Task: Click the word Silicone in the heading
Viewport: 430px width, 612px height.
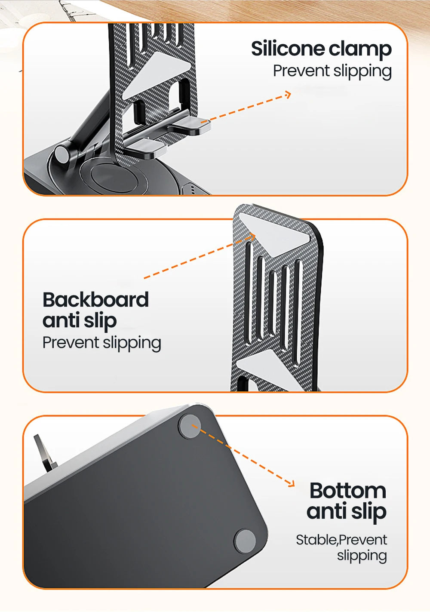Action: pos(288,49)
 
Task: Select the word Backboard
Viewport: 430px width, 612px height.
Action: pos(95,300)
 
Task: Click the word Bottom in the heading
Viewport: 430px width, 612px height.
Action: pos(348,490)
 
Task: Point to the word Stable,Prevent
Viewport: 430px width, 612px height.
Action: pos(341,540)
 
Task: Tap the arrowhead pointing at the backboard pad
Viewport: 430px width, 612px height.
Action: pos(252,237)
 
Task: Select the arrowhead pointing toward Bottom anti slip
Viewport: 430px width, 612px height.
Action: pos(291,483)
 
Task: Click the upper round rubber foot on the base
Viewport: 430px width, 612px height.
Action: pos(190,427)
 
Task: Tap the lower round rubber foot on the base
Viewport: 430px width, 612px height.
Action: pos(245,541)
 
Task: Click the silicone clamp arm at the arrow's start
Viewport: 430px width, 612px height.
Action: pos(191,124)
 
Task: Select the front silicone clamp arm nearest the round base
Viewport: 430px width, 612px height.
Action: pos(147,148)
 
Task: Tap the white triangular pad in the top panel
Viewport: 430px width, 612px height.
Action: pos(156,75)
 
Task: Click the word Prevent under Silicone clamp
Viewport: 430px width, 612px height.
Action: pos(301,71)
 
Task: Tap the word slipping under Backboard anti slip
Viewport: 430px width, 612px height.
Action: pos(132,344)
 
